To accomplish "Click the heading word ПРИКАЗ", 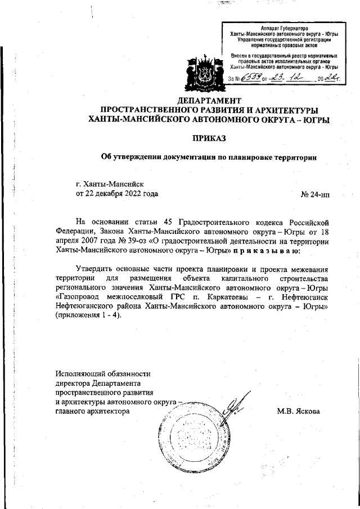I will pos(209,137).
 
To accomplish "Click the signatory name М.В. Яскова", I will pos(299,411).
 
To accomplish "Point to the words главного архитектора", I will pos(92,411).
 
